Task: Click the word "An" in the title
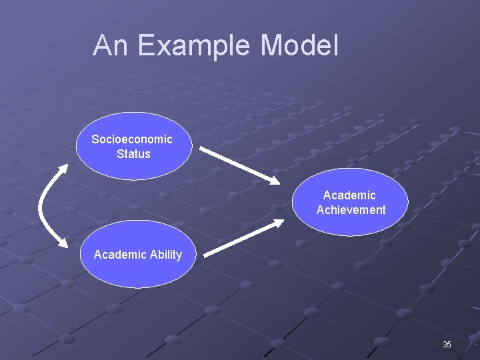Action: (x=109, y=45)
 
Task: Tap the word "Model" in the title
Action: (x=299, y=45)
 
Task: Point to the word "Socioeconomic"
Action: (x=132, y=139)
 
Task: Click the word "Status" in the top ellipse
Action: (x=133, y=154)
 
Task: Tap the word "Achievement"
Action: (x=351, y=210)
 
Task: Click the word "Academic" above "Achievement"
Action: (x=349, y=195)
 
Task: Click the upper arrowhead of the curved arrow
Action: (x=64, y=166)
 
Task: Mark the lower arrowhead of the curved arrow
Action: (x=63, y=247)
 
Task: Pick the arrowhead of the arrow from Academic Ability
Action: (x=277, y=224)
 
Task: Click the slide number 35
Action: (x=447, y=345)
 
